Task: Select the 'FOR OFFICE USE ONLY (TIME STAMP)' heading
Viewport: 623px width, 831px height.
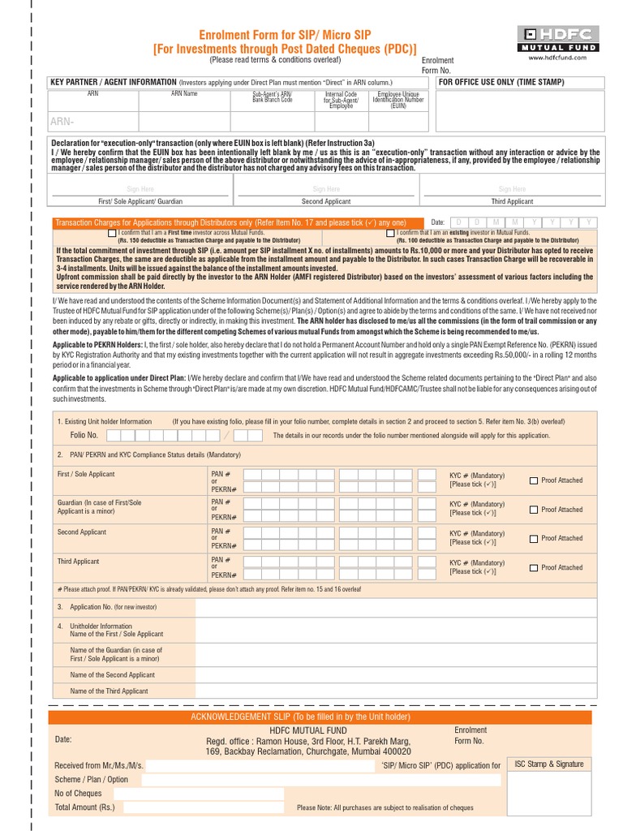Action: [501, 82]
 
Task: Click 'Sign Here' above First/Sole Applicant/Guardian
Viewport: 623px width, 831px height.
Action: [140, 189]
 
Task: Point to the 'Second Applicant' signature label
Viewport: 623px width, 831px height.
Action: [325, 201]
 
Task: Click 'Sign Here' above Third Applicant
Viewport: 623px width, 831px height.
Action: [512, 189]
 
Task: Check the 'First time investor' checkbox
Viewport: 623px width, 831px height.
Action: [112, 234]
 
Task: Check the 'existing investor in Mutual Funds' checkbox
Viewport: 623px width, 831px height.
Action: [390, 234]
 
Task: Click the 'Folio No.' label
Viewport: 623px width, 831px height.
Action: [84, 436]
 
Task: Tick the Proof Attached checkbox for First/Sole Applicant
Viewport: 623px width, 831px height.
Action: [534, 480]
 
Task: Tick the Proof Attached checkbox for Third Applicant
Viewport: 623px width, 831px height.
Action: [534, 567]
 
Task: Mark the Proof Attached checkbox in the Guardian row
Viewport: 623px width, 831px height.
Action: [534, 510]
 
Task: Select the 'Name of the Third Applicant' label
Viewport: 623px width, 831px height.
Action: [109, 691]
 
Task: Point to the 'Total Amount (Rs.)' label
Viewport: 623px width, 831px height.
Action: [84, 807]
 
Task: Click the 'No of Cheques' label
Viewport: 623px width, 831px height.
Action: [78, 793]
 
